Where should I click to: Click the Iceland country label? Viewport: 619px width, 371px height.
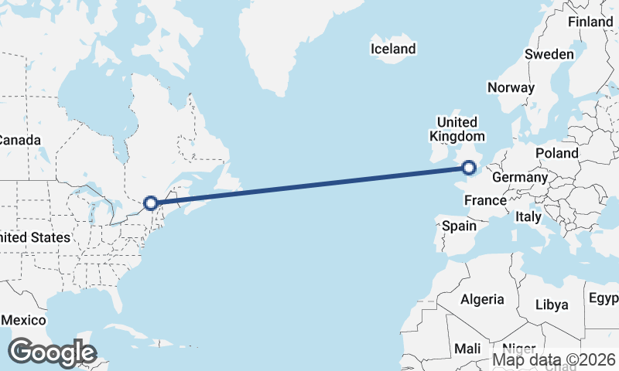click(x=393, y=49)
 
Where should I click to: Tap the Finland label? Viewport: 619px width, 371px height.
click(x=590, y=22)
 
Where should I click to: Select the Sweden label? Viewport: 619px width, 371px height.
click(x=549, y=55)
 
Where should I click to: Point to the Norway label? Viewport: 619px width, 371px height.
click(x=511, y=87)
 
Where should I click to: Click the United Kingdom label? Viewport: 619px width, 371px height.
click(x=457, y=129)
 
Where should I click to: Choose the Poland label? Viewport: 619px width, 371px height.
click(x=556, y=153)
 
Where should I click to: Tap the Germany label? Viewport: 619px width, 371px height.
click(x=520, y=178)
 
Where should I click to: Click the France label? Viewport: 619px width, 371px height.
click(x=485, y=201)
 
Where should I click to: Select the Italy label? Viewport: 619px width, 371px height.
click(x=528, y=217)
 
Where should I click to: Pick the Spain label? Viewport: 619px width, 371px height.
click(x=459, y=226)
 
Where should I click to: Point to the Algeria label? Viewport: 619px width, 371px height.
click(x=482, y=299)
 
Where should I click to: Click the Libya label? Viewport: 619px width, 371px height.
click(x=552, y=305)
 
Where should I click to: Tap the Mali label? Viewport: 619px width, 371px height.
click(x=467, y=349)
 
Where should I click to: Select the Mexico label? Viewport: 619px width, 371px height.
click(x=23, y=320)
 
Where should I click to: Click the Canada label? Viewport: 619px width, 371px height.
click(x=19, y=141)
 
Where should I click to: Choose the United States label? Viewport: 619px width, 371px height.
click(x=35, y=238)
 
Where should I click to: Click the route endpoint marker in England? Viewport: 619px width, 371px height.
click(x=468, y=167)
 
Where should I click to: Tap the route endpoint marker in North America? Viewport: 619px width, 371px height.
click(x=151, y=203)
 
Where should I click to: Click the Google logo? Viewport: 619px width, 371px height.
click(x=52, y=352)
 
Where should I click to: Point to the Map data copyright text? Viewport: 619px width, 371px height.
click(x=554, y=359)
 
